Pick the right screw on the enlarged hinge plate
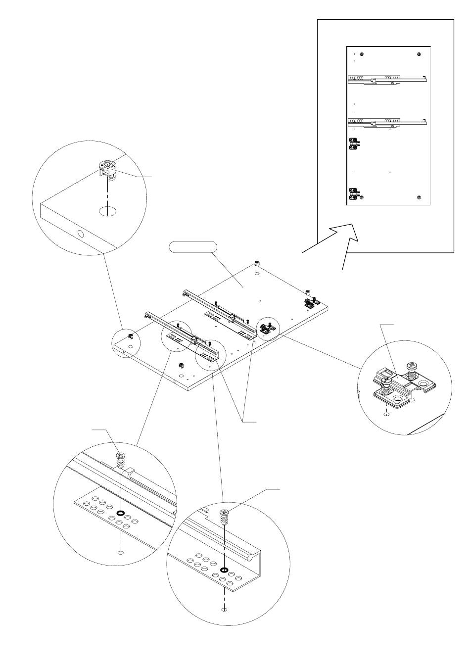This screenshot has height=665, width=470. (x=412, y=367)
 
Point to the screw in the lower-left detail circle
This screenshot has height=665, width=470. (x=120, y=461)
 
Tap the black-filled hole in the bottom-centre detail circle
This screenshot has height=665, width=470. (x=225, y=570)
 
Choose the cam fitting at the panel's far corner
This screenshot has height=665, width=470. (x=257, y=263)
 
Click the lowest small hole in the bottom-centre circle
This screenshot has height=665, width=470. (x=225, y=609)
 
